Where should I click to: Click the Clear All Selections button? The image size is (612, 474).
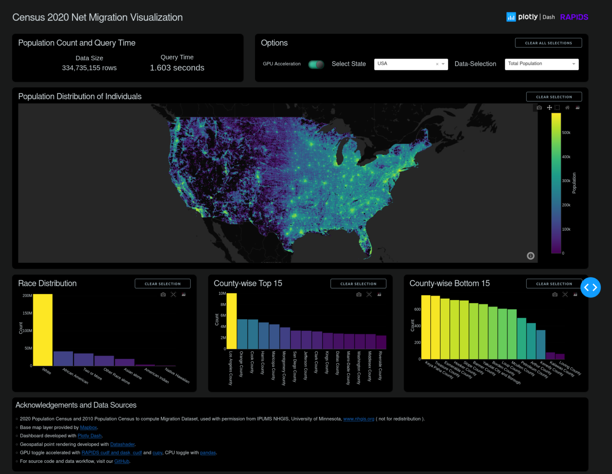click(x=548, y=43)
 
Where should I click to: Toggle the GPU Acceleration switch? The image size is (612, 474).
click(x=316, y=64)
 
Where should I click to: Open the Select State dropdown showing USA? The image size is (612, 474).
click(x=410, y=64)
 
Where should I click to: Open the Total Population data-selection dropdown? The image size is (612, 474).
click(x=541, y=64)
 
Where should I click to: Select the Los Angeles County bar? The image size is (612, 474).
click(x=231, y=321)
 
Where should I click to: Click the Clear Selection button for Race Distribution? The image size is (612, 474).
click(x=163, y=283)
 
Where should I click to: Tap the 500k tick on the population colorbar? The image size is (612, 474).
click(x=566, y=133)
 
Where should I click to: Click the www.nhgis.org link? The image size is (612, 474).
click(x=359, y=419)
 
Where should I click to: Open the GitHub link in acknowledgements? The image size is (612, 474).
click(x=122, y=461)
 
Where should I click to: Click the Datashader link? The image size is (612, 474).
click(x=122, y=444)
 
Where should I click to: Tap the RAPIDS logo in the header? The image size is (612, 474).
click(x=574, y=17)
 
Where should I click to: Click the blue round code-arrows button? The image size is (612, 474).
click(x=590, y=287)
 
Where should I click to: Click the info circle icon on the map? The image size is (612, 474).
click(x=530, y=256)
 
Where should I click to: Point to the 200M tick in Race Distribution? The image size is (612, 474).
click(x=27, y=296)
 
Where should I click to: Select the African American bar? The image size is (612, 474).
click(x=63, y=358)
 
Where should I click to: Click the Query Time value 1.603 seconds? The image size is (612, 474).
click(x=177, y=68)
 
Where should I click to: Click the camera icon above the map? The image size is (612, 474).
click(x=539, y=108)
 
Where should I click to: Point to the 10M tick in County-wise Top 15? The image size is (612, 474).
click(x=222, y=293)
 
